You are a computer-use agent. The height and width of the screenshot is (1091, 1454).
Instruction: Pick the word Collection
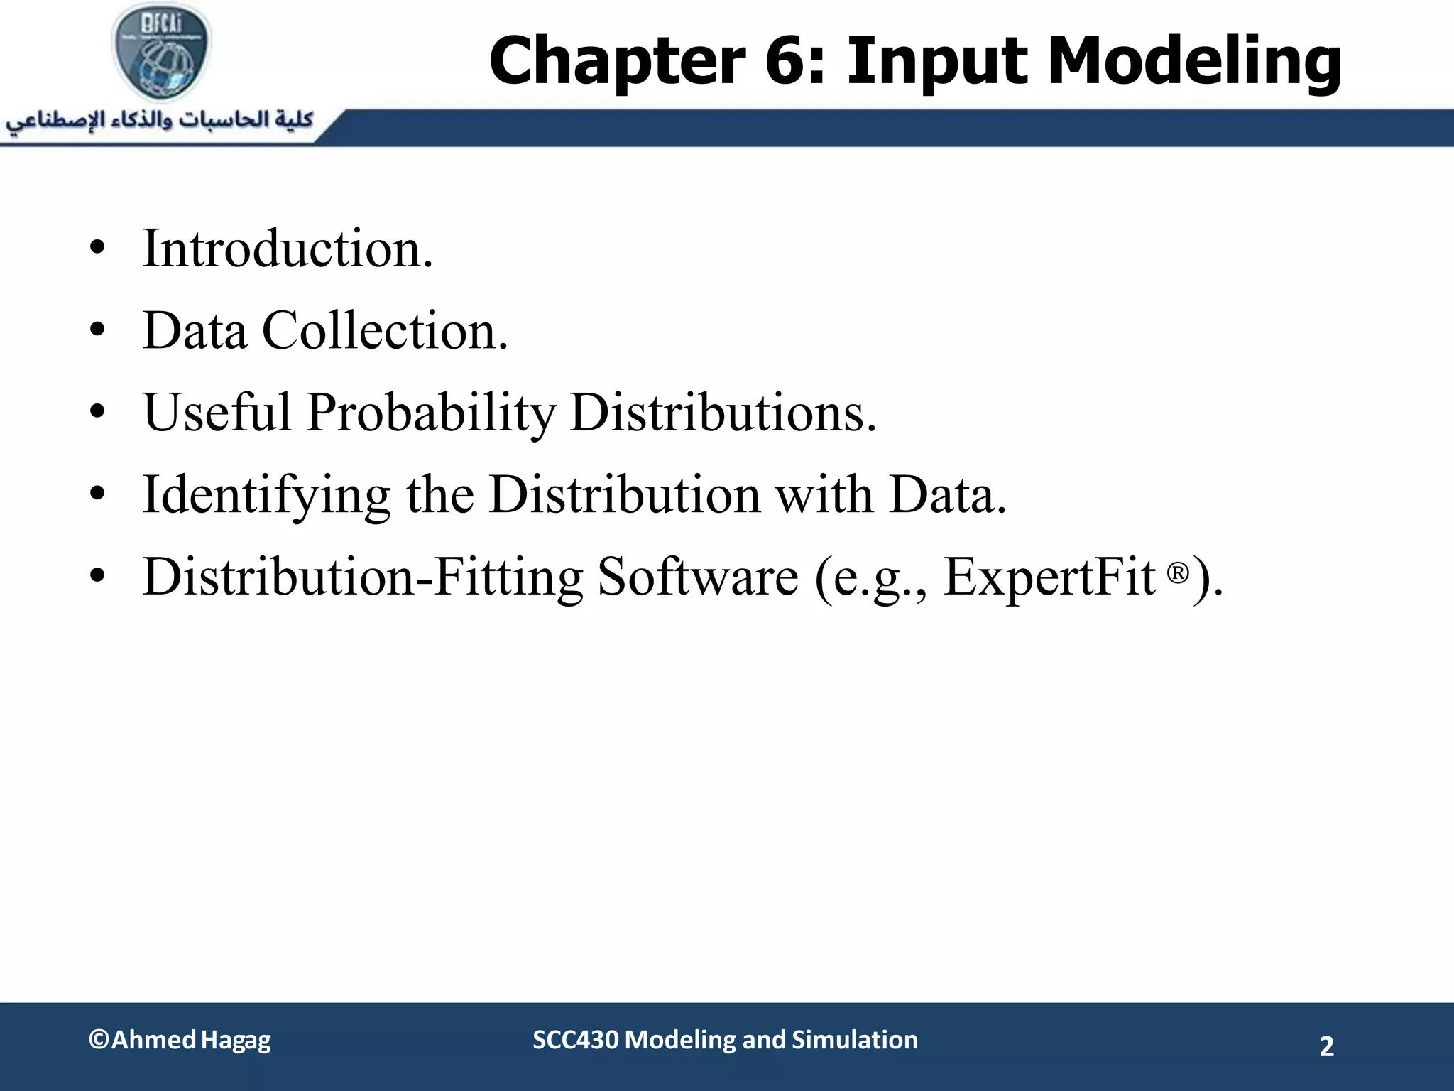(x=384, y=331)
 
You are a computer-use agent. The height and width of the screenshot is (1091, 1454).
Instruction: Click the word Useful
(x=217, y=413)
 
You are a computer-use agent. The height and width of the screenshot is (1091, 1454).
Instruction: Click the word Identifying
(x=266, y=495)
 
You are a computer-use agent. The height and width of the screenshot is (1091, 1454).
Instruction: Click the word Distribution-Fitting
(x=362, y=577)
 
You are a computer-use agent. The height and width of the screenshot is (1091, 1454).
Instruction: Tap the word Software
(x=698, y=577)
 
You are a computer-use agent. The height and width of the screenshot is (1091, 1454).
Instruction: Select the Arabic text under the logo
(x=160, y=120)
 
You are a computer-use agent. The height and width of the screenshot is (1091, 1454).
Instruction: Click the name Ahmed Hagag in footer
(x=190, y=1040)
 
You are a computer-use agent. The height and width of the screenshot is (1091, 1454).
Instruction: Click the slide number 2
(x=1326, y=1046)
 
